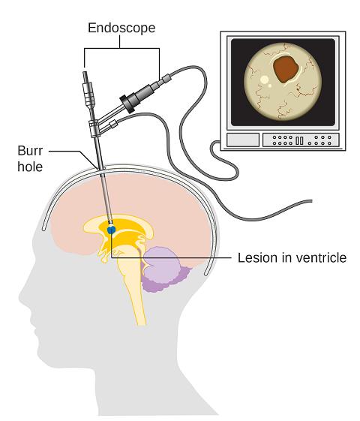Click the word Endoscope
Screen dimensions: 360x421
tap(121, 29)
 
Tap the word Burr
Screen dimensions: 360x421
tap(30, 151)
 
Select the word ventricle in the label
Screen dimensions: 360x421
tap(319, 258)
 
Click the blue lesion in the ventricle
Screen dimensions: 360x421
tap(111, 230)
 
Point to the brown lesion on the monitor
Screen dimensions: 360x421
tap(286, 69)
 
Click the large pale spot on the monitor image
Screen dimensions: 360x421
tap(265, 80)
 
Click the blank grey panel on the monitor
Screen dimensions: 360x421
tap(243, 140)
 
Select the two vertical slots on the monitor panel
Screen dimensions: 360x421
tap(299, 140)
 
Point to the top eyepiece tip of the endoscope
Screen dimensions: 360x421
tap(85, 74)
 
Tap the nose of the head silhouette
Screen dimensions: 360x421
tap(21, 296)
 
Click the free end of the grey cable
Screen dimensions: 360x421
tap(311, 201)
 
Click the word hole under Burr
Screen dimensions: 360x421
tap(30, 167)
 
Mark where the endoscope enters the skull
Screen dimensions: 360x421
tap(100, 169)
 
